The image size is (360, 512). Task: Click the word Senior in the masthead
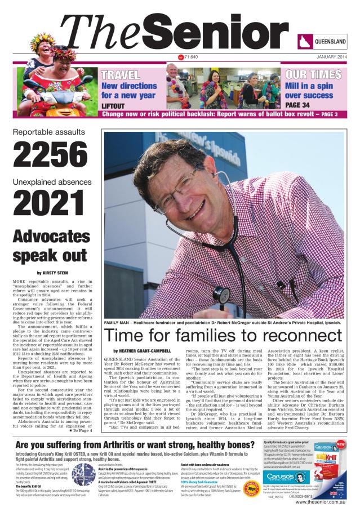click(220, 33)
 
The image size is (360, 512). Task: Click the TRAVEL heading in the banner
click(120, 75)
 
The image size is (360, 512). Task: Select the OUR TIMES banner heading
click(313, 75)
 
